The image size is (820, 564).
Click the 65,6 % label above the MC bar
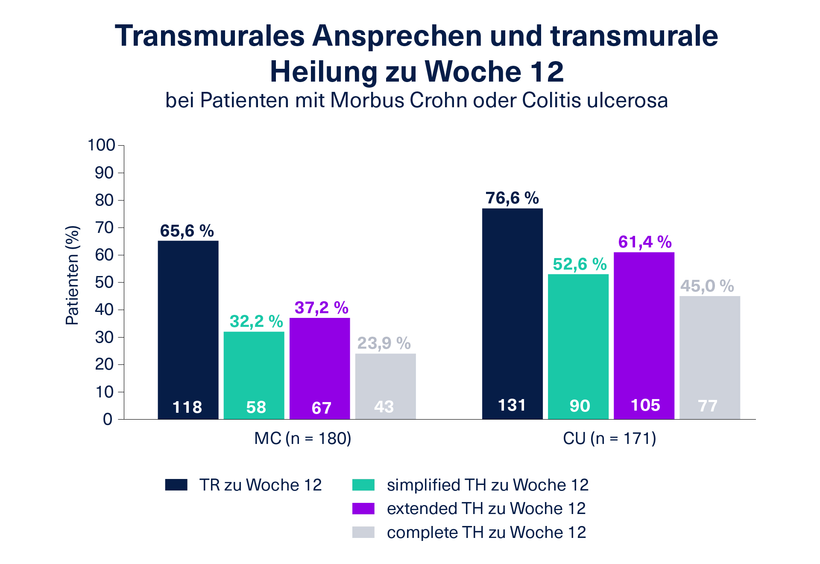point(187,231)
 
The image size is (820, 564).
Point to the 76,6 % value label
point(512,198)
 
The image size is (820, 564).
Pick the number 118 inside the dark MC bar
point(187,407)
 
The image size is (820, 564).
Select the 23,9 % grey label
point(384,343)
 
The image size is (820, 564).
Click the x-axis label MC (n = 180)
point(302,438)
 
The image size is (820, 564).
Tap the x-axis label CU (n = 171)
point(609,438)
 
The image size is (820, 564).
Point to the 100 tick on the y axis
point(101,145)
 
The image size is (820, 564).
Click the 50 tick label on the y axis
point(104,282)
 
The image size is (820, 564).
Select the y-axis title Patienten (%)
point(73,276)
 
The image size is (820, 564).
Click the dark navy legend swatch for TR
point(176,485)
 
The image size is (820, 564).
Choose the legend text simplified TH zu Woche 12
point(487,485)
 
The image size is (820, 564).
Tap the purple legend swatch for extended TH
point(363,508)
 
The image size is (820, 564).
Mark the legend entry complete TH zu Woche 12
point(486,532)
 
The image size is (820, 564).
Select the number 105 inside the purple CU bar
point(645,405)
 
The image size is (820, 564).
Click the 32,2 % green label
point(256,321)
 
